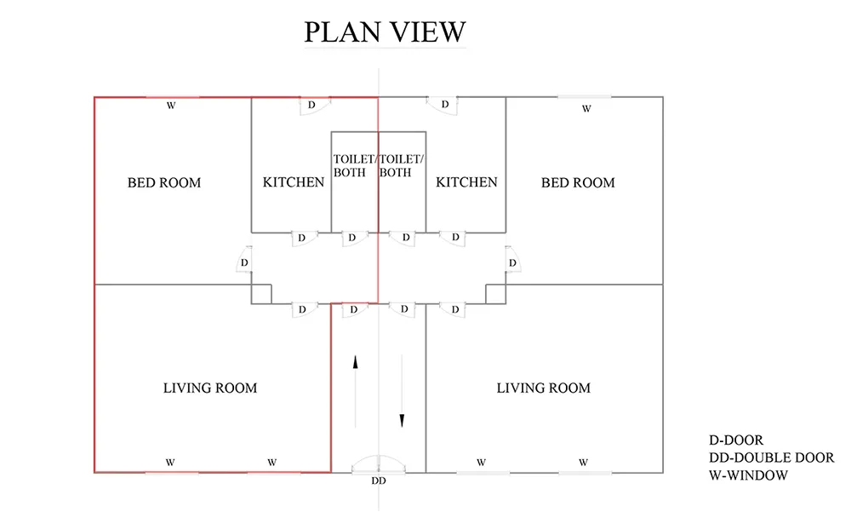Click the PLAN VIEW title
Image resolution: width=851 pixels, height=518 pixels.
click(x=385, y=32)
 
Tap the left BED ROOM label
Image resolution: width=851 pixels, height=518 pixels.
click(x=164, y=182)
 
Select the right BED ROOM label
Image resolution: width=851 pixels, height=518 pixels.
click(x=578, y=182)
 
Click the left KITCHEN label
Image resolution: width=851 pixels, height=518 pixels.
click(x=293, y=182)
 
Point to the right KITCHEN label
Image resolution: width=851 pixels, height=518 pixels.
click(x=466, y=182)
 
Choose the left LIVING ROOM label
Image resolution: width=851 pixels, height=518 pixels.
click(x=210, y=388)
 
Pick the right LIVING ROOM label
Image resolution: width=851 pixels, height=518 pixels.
click(x=543, y=388)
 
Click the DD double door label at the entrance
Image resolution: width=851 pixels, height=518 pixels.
click(x=379, y=481)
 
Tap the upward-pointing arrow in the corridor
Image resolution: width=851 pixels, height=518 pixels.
click(x=356, y=391)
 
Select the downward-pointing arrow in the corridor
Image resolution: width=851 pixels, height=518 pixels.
click(x=402, y=391)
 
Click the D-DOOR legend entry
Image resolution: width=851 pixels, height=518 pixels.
click(x=736, y=440)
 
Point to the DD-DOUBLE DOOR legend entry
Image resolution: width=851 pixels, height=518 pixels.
click(x=771, y=458)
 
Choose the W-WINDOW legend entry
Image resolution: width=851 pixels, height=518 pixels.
click(x=748, y=475)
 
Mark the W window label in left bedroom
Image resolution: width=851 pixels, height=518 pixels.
click(x=171, y=106)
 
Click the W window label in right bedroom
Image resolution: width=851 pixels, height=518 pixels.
click(x=586, y=109)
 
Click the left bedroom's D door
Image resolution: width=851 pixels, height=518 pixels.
click(x=244, y=262)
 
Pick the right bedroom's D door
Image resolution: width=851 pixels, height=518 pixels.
click(x=512, y=263)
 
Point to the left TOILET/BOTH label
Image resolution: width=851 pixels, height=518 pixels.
click(x=354, y=166)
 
